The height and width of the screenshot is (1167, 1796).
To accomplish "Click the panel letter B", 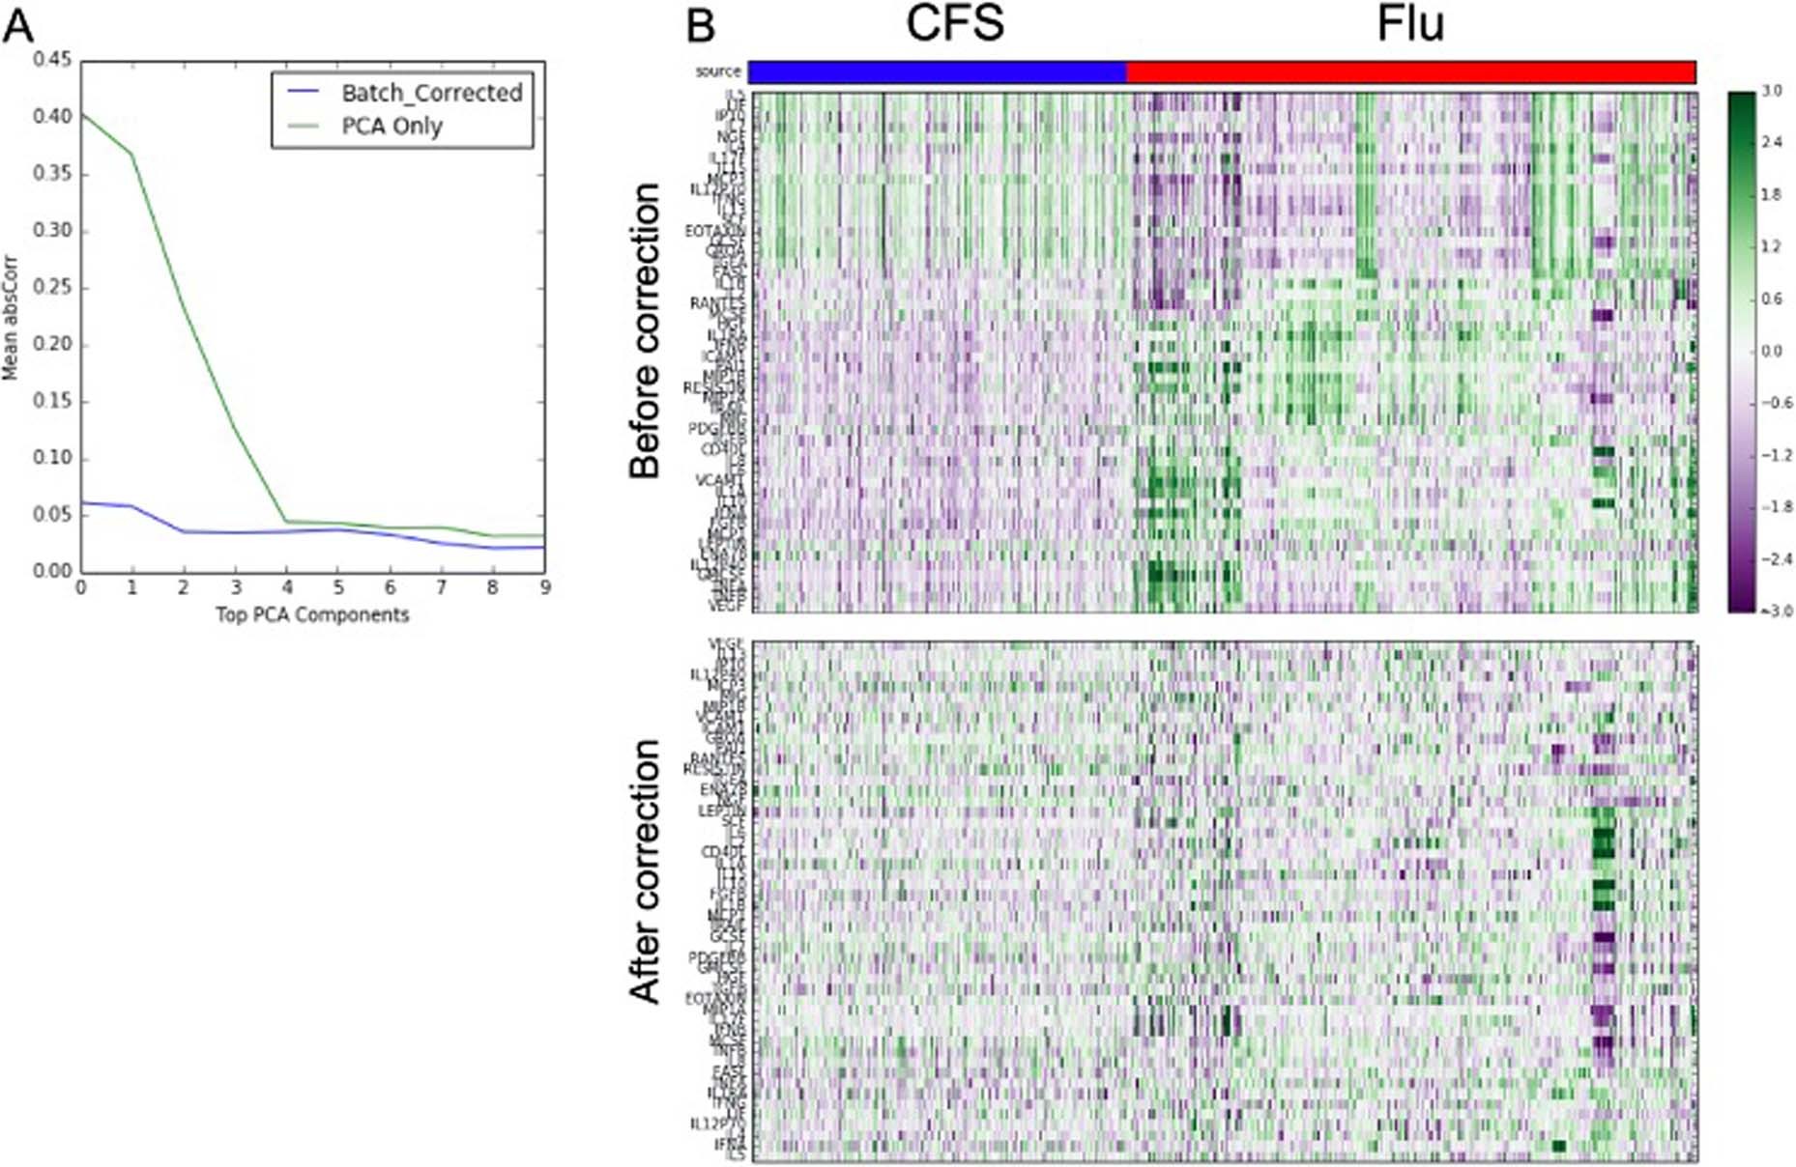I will coord(701,25).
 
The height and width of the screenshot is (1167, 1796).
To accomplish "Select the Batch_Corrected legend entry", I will coord(430,93).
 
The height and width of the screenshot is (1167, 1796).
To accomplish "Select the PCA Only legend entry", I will coord(391,127).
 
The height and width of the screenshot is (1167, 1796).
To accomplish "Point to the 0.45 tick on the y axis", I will coord(52,60).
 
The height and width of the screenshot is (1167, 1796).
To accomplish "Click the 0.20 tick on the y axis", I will coord(52,345).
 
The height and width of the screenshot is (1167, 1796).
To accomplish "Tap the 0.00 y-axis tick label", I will coord(52,571).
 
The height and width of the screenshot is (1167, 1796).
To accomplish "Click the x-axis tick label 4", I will coord(287,587).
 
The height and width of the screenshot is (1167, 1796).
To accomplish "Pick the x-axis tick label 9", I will coord(545,587).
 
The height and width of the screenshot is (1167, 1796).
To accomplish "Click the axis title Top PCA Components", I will coord(312,615).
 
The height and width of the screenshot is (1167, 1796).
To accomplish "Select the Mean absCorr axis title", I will coord(11,318).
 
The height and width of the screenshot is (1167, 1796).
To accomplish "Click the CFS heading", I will coord(955,23).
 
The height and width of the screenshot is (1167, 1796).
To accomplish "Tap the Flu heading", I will coord(1410,23).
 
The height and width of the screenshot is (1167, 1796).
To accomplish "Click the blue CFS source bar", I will coord(938,71).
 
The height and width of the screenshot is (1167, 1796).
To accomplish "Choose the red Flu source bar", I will coord(1411,71).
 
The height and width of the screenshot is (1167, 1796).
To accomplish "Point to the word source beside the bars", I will coord(718,71).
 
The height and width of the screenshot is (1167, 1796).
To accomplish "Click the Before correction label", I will coord(645,330).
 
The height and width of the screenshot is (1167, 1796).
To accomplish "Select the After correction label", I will coord(645,871).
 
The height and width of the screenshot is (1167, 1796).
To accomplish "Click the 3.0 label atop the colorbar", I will coord(1772,91).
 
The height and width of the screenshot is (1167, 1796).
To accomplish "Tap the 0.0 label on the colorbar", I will coord(1772,351).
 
